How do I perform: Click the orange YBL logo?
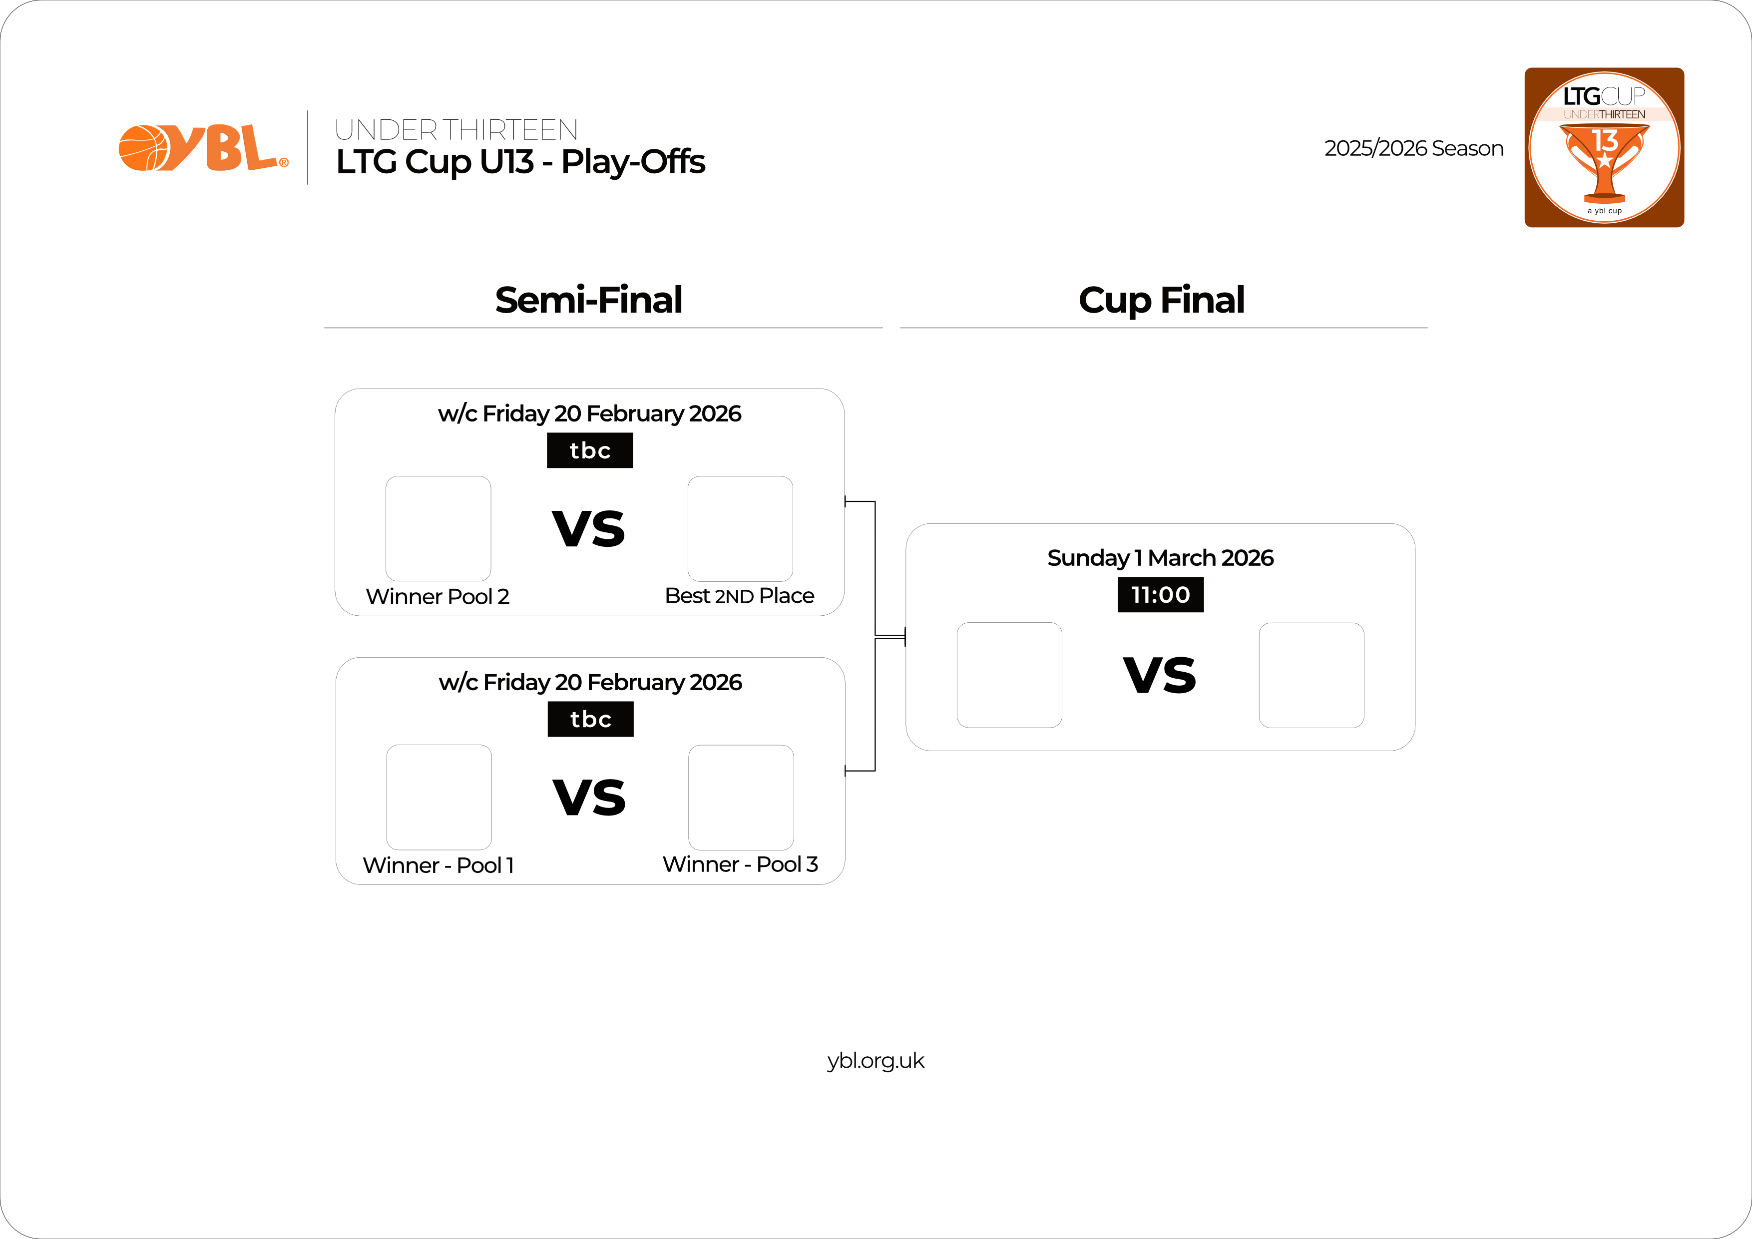pyautogui.click(x=203, y=148)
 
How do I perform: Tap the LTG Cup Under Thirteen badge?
pyautogui.click(x=1604, y=147)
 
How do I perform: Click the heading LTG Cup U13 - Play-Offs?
pyautogui.click(x=520, y=162)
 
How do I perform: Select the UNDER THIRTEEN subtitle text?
pyautogui.click(x=455, y=130)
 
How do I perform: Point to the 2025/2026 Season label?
pyautogui.click(x=1413, y=148)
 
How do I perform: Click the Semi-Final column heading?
pyautogui.click(x=588, y=300)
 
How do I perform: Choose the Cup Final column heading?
pyautogui.click(x=1161, y=300)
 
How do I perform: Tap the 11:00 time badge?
pyautogui.click(x=1160, y=594)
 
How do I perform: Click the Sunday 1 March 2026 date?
pyautogui.click(x=1160, y=558)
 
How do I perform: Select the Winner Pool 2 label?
pyautogui.click(x=437, y=597)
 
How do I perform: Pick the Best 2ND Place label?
pyautogui.click(x=739, y=596)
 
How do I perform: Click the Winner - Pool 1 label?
pyautogui.click(x=438, y=865)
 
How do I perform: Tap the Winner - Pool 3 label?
pyautogui.click(x=740, y=864)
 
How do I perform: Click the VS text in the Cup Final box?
pyautogui.click(x=1160, y=675)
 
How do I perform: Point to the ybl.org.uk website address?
pyautogui.click(x=875, y=1061)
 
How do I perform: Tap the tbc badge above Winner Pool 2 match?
pyautogui.click(x=590, y=450)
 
